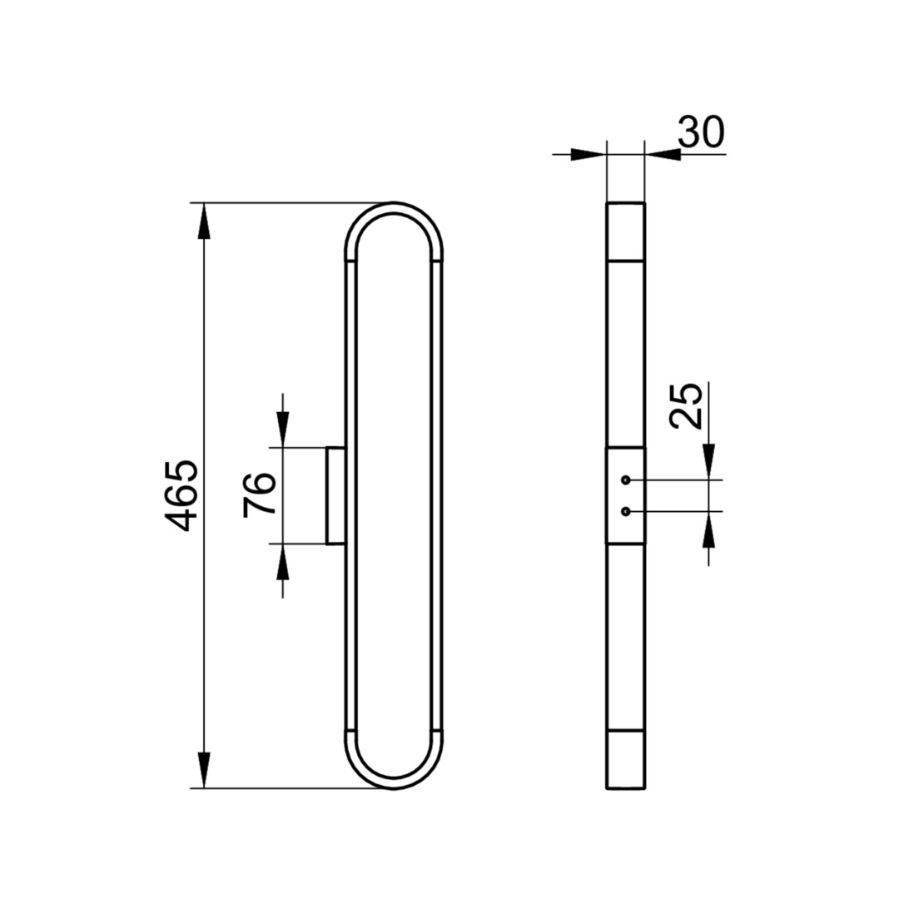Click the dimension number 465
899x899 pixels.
pyautogui.click(x=181, y=494)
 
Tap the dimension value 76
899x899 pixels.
pyautogui.click(x=260, y=494)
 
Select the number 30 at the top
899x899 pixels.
pyautogui.click(x=701, y=132)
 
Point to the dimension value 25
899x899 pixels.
pyautogui.click(x=686, y=405)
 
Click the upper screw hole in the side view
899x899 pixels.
pyautogui.click(x=625, y=479)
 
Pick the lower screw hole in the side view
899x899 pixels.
pyautogui.click(x=625, y=511)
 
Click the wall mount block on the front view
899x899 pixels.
pyautogui.click(x=335, y=494)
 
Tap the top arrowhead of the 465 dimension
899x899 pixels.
pyautogui.click(x=204, y=221)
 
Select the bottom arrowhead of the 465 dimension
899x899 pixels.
pyautogui.click(x=204, y=770)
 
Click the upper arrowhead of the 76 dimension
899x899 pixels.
pyautogui.click(x=282, y=429)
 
